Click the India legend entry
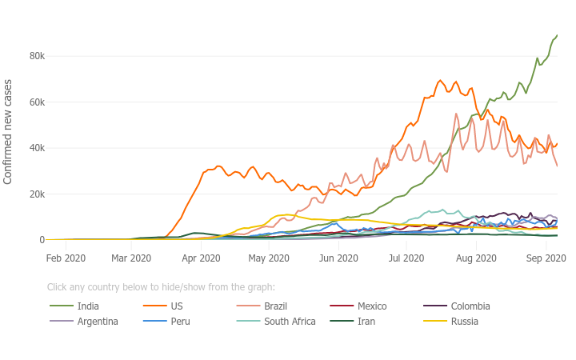(x=88, y=306)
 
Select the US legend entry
(x=177, y=306)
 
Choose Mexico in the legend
(x=372, y=306)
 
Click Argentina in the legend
(x=98, y=322)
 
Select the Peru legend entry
(x=180, y=322)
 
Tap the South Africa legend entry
(x=288, y=322)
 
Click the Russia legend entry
(x=464, y=322)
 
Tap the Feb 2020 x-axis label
(x=66, y=258)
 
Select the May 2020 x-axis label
(x=269, y=258)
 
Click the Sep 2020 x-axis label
(x=546, y=258)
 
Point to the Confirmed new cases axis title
(x=9, y=131)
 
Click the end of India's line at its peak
(x=557, y=35)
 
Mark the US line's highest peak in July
(x=440, y=80)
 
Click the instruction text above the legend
(x=161, y=287)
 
